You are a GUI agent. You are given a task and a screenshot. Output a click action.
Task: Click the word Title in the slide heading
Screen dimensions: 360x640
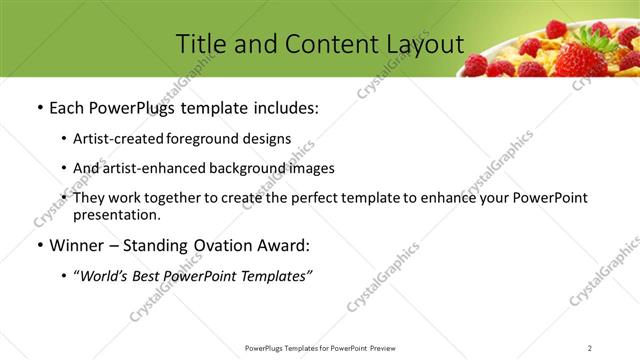(201, 44)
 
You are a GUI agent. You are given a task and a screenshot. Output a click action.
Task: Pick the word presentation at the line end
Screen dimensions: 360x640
(115, 214)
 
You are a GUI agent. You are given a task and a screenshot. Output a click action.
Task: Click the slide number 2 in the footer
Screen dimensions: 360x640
(590, 348)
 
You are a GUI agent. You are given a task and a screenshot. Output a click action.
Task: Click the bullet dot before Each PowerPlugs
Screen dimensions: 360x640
(39, 108)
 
